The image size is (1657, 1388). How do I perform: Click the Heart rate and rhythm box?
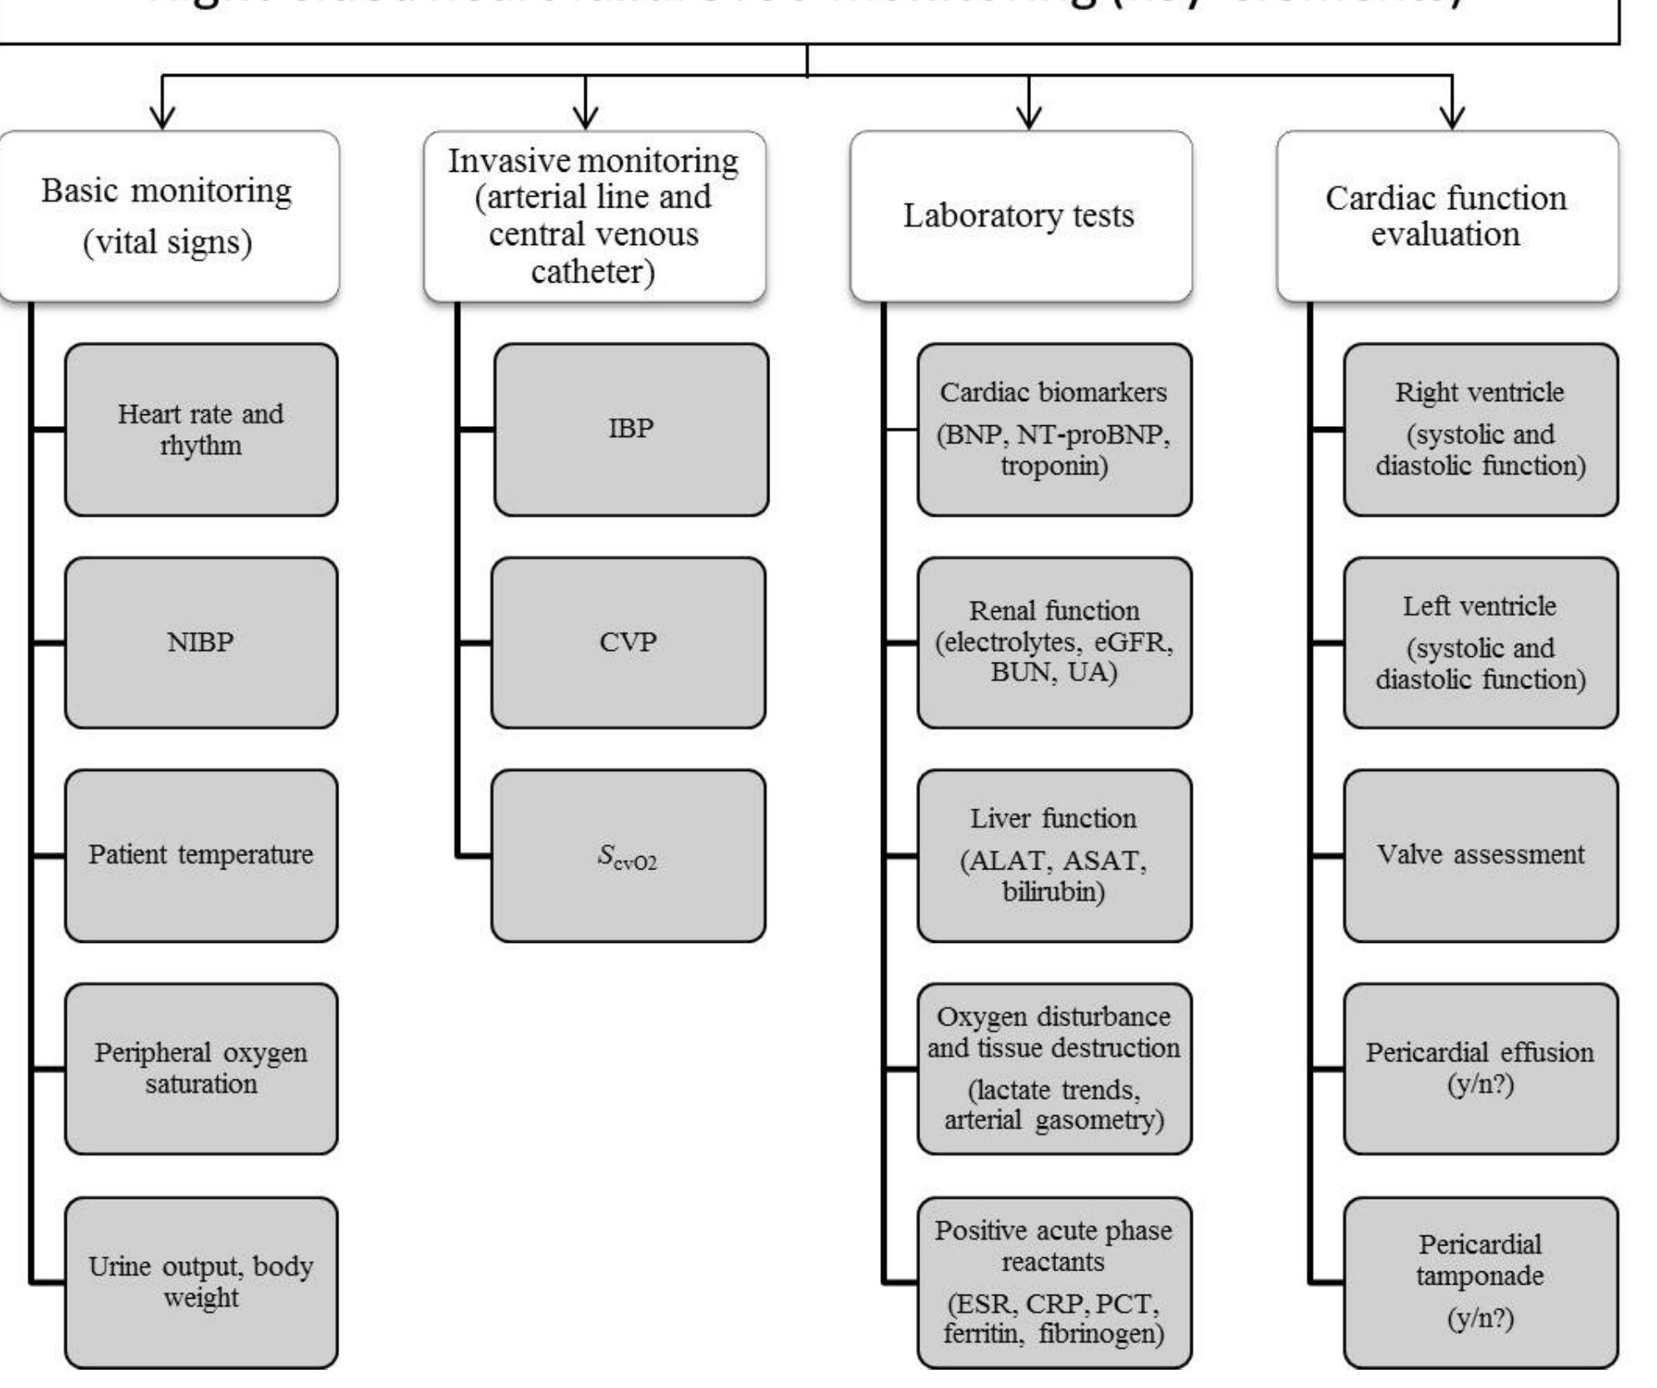[x=201, y=429]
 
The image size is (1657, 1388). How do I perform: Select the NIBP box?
[x=201, y=643]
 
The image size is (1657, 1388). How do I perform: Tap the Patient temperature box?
[x=201, y=855]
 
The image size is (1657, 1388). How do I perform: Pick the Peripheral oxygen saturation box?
[x=201, y=1069]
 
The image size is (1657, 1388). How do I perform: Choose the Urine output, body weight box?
[x=201, y=1282]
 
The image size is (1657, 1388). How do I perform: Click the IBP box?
[x=631, y=429]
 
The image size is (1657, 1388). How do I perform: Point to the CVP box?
[x=628, y=643]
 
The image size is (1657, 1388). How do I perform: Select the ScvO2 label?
[x=628, y=857]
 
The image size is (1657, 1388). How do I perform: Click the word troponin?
[x=1054, y=465]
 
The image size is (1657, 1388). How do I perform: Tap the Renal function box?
[x=1054, y=643]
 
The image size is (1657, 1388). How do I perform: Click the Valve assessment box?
[x=1480, y=855]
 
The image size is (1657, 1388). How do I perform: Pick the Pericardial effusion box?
[x=1480, y=1069]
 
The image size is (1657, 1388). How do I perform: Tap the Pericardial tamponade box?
[x=1480, y=1282]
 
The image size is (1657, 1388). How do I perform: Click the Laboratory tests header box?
[x=1019, y=216]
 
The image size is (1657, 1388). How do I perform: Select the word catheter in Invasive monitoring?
[x=593, y=272]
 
